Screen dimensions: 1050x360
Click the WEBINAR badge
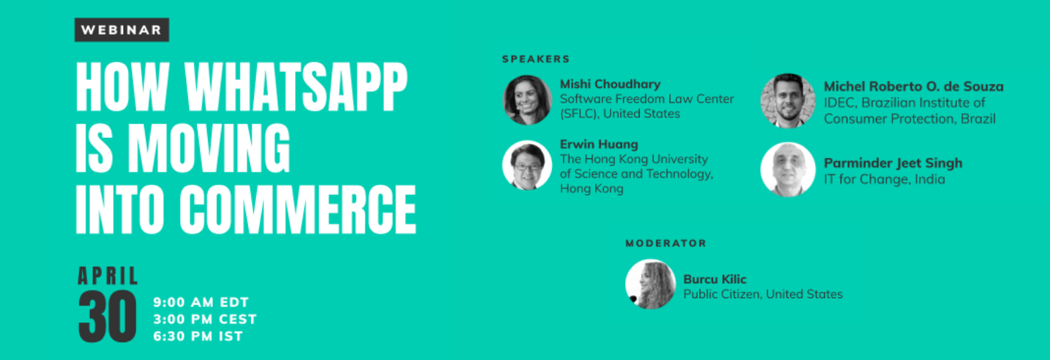(x=122, y=30)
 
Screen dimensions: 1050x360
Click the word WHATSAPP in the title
(x=296, y=87)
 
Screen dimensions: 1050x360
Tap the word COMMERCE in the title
(x=298, y=209)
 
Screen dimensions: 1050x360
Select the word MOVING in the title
(x=209, y=148)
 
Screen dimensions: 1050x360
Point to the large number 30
(x=107, y=317)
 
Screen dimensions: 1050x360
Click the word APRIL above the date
(x=108, y=276)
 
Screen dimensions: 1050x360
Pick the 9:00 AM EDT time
(x=201, y=302)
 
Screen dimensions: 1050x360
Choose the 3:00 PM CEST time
(x=205, y=319)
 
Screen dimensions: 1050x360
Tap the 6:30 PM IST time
(x=198, y=336)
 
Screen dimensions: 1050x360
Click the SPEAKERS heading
(x=536, y=59)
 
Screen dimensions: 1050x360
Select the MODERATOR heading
(x=666, y=243)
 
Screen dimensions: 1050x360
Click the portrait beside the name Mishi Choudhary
(x=527, y=100)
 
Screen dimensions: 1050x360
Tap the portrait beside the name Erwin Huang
(x=527, y=166)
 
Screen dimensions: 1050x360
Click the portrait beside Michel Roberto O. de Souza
(x=788, y=101)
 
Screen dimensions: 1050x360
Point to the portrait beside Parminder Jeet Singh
(x=788, y=169)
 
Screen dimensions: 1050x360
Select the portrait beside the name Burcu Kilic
(x=650, y=284)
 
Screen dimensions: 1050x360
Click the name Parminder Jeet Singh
(x=893, y=163)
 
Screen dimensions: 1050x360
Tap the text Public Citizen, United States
(x=763, y=294)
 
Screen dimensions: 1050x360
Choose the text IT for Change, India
(x=884, y=179)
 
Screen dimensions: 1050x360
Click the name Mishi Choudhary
(x=610, y=85)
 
